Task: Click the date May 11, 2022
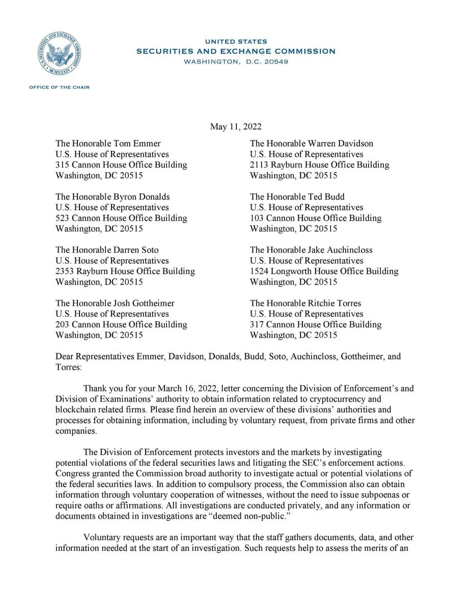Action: point(236,126)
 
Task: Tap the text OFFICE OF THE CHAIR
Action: point(59,87)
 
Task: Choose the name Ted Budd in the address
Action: point(326,197)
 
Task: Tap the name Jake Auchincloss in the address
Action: point(340,250)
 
